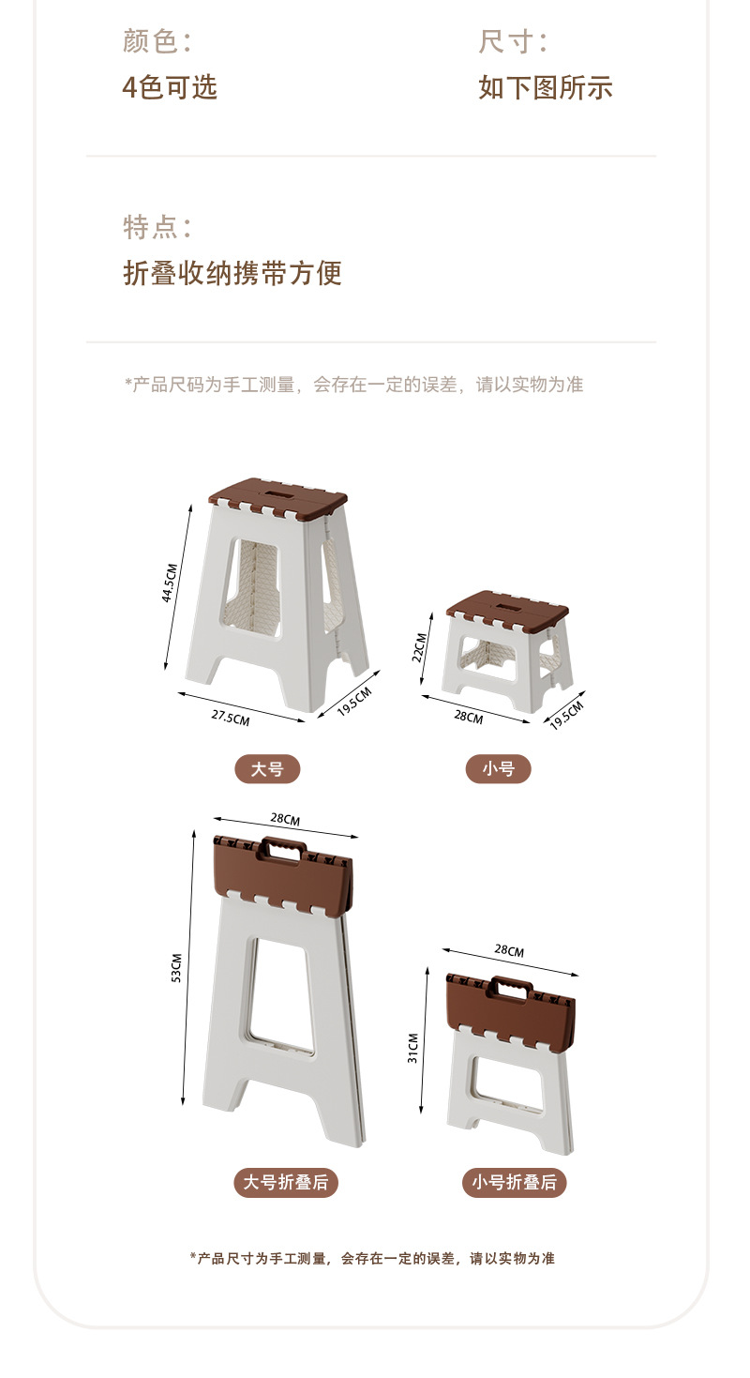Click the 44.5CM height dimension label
[170, 583]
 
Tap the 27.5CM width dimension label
[230, 719]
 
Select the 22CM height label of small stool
[420, 647]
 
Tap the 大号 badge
[267, 769]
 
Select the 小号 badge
[499, 769]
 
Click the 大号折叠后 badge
[286, 1183]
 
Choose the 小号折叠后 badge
[515, 1183]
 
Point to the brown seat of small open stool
[507, 605]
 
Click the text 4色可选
[170, 87]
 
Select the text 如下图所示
[546, 87]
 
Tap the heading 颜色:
[157, 41]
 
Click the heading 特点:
[157, 227]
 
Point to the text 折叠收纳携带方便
[232, 273]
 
